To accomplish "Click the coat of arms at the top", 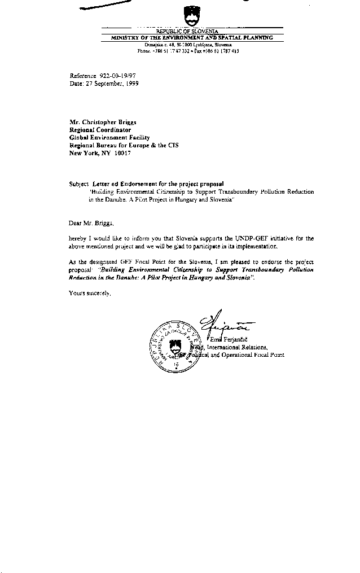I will pyautogui.click(x=190, y=15).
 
